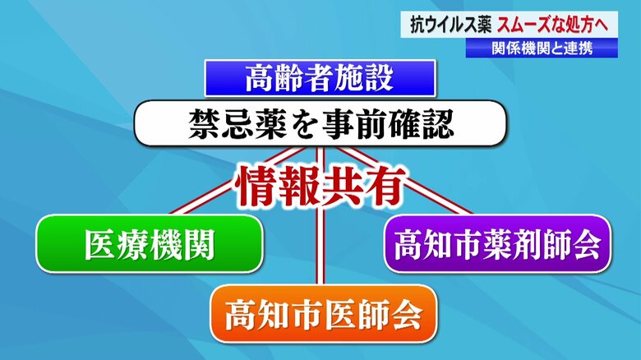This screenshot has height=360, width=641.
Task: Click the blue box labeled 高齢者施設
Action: pos(320,78)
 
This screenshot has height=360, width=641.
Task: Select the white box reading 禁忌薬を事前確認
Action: pos(320,123)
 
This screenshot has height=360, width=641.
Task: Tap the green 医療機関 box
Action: pos(150,244)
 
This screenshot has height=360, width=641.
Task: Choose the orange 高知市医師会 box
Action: pos(323,314)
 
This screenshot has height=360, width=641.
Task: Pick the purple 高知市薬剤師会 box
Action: pos(497,244)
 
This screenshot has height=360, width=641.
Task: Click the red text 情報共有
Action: pos(320,186)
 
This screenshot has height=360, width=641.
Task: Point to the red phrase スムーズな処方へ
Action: pos(553,25)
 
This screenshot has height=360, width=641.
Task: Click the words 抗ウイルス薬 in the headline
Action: pos(450,25)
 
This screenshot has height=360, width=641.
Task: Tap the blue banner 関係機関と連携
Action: pos(542,48)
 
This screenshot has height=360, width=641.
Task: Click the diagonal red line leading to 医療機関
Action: pos(238,180)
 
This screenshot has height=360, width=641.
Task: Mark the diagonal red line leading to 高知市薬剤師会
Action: pos(404,180)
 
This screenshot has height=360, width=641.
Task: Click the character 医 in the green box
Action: pos(100,244)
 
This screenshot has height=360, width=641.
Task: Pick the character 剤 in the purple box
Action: pos(528,244)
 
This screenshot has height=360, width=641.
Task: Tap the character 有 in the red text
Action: pos(385,186)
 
